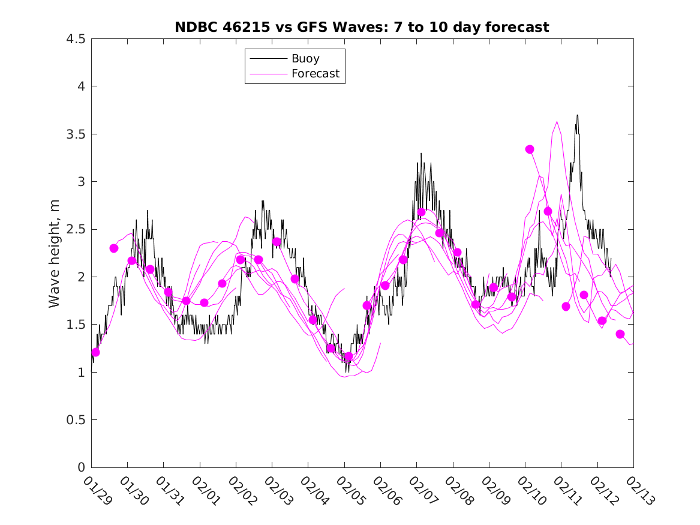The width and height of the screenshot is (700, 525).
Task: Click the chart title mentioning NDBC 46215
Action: click(362, 27)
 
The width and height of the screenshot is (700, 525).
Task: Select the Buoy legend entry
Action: click(305, 59)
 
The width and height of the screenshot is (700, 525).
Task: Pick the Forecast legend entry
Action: click(315, 74)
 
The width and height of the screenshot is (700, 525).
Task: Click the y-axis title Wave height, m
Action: click(55, 253)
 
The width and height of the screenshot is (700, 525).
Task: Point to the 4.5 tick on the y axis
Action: click(76, 39)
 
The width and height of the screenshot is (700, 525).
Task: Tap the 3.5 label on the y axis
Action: click(76, 134)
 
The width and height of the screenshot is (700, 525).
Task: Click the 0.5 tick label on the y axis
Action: click(76, 420)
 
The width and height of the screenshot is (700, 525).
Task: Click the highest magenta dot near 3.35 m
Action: click(530, 149)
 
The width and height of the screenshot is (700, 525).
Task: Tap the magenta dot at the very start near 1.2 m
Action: click(95, 352)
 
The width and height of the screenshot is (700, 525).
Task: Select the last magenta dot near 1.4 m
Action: click(620, 334)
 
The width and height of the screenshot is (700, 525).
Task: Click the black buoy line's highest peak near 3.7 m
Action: click(577, 115)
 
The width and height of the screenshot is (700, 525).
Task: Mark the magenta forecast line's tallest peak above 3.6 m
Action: click(557, 122)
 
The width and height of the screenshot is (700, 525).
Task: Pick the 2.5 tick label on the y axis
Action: click(76, 229)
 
